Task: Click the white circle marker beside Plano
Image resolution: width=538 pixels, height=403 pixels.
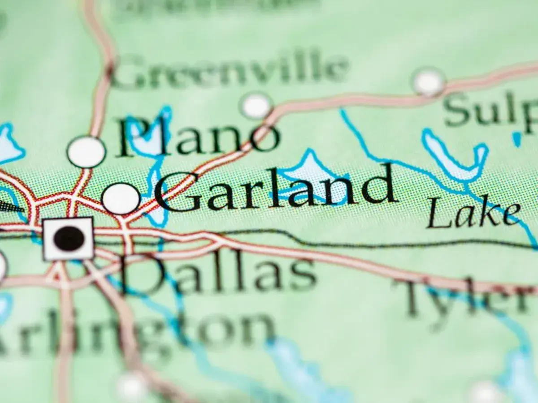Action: click(86, 152)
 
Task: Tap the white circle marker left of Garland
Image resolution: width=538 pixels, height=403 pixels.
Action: click(121, 198)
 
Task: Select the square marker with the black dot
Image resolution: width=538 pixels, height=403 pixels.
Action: click(69, 239)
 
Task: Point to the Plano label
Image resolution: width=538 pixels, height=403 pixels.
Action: click(197, 137)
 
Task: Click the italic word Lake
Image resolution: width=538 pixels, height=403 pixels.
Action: click(473, 214)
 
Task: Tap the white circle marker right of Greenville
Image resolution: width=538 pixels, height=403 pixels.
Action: click(256, 106)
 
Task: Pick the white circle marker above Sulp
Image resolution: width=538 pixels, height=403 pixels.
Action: click(428, 82)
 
